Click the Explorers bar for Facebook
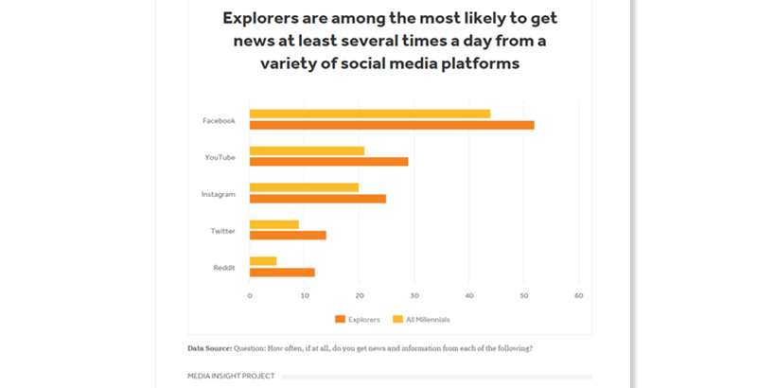392,125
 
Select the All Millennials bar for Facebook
370,114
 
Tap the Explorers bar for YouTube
328,162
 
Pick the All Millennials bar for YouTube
307,150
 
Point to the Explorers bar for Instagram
318,199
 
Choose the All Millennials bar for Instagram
304,187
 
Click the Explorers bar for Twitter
288,235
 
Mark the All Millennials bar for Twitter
274,224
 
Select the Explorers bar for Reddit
282,273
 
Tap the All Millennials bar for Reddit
263,261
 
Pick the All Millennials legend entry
424,319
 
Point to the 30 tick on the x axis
414,295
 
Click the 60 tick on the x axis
578,295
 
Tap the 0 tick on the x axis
250,295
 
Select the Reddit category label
224,268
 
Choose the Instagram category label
219,194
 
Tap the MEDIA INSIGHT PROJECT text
231,376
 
